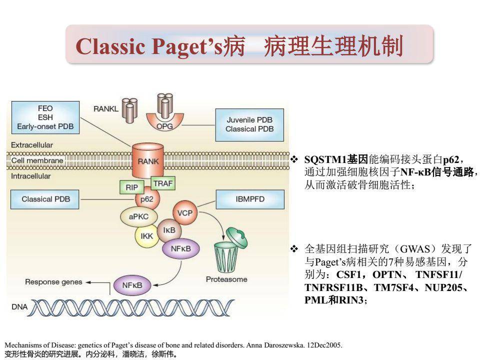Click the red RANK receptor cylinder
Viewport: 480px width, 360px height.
(x=148, y=161)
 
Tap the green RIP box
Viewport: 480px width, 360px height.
(x=131, y=187)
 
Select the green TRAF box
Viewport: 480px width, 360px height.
(x=162, y=183)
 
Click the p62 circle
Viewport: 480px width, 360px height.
(x=146, y=199)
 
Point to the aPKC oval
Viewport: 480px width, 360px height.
(x=138, y=216)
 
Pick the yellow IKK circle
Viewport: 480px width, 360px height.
(x=146, y=235)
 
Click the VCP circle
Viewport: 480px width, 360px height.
(x=184, y=213)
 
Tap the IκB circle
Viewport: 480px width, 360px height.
(x=169, y=230)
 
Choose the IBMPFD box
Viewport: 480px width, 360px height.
(x=249, y=199)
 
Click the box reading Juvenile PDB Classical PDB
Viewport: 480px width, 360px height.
(x=249, y=124)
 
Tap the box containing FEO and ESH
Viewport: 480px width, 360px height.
(x=45, y=117)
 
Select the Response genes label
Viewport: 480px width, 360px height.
(x=53, y=282)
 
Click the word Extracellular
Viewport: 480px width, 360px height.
(x=32, y=145)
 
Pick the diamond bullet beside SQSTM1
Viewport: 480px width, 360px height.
(x=294, y=159)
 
